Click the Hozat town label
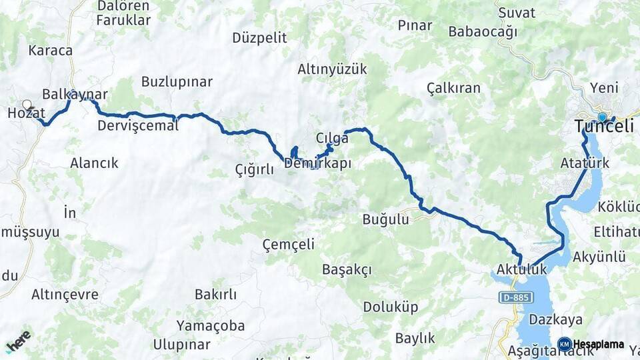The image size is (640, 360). click(x=25, y=113)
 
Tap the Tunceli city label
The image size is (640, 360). click(x=604, y=127)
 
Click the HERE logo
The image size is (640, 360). click(x=18, y=342)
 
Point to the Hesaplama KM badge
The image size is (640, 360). click(x=565, y=345)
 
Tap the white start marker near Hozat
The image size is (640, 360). click(x=27, y=105)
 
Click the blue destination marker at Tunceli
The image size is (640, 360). click(x=602, y=117)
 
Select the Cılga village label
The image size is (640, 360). click(x=331, y=138)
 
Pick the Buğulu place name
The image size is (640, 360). click(x=385, y=219)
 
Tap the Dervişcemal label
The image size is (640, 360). click(x=138, y=125)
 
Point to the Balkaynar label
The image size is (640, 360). click(x=75, y=94)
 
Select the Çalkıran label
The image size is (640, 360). click(x=453, y=88)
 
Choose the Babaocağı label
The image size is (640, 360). click(x=482, y=31)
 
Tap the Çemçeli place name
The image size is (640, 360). click(x=288, y=244)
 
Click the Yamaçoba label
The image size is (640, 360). click(x=211, y=326)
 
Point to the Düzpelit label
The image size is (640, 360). click(x=259, y=37)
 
